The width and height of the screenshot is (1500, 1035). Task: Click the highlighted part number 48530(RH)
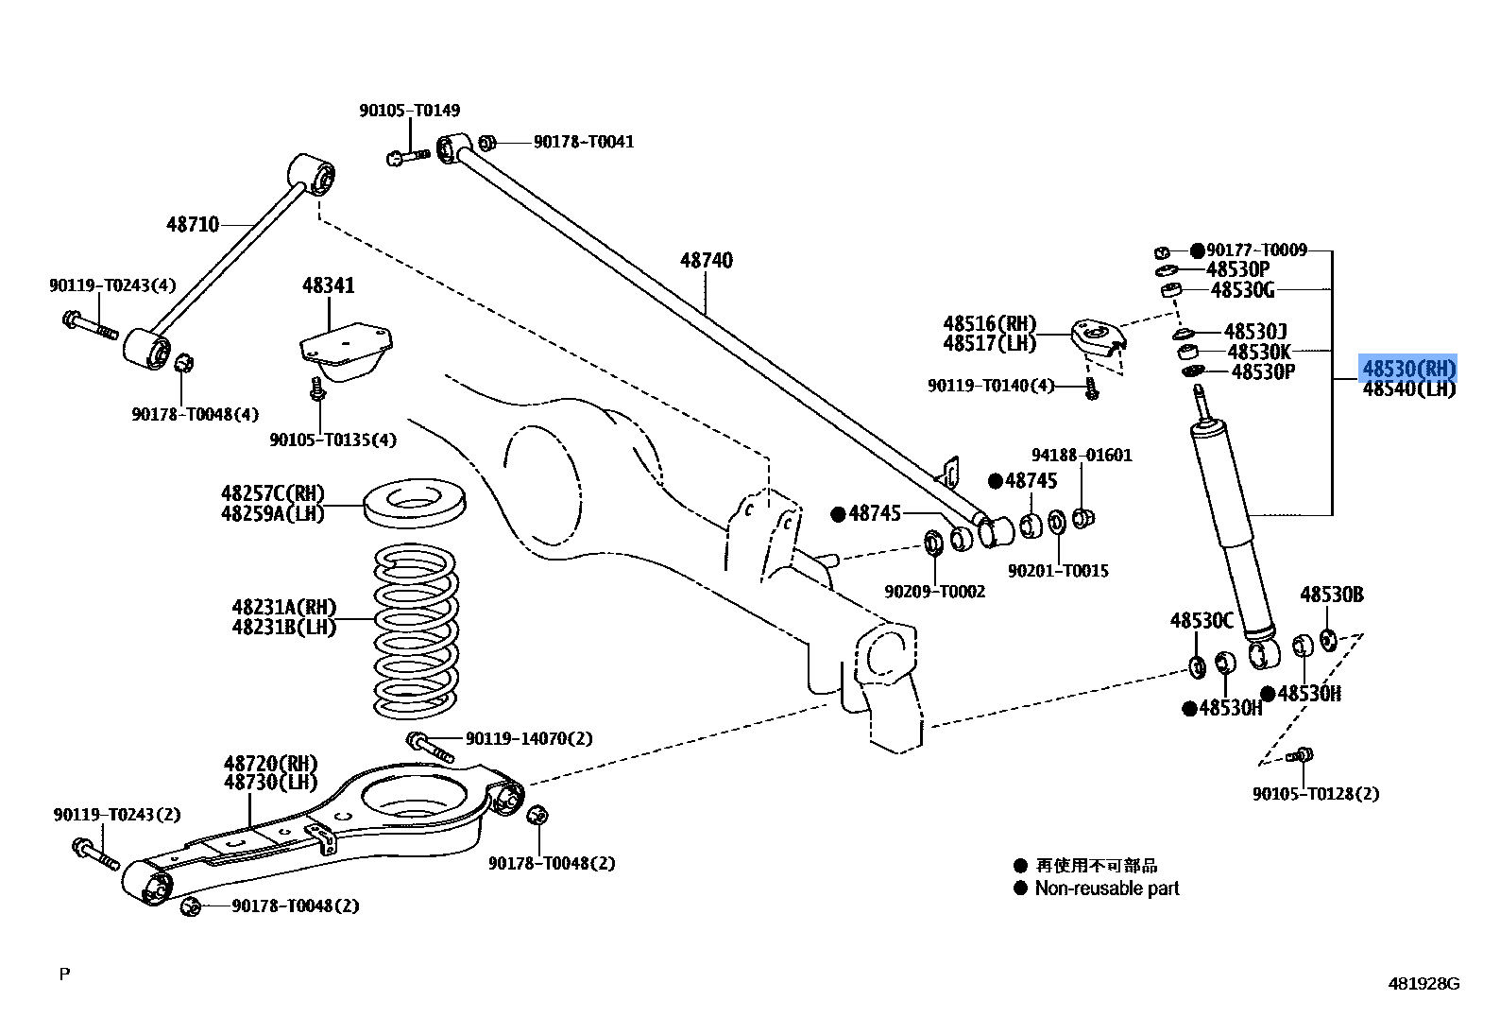point(1408,368)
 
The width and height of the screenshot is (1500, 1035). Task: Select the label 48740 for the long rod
point(707,260)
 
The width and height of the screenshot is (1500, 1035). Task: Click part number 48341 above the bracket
point(328,285)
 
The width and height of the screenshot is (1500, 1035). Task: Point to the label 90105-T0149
point(409,111)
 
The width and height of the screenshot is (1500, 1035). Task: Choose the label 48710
point(193,224)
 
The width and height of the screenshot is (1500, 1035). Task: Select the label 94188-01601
point(1081,455)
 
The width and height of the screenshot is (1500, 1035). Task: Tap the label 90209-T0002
point(934,592)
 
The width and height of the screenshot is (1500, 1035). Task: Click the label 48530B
point(1331,595)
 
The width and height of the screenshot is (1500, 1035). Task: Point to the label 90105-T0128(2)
point(1315,794)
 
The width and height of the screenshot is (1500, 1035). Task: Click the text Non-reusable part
point(1107,888)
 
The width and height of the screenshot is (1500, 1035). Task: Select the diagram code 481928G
point(1423,984)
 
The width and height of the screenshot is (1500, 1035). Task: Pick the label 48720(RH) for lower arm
point(271,763)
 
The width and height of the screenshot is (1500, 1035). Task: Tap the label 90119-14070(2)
point(529,738)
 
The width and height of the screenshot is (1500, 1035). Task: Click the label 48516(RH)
point(989,324)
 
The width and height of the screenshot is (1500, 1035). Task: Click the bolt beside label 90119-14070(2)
point(430,746)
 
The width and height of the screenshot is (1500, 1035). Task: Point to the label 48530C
point(1202,620)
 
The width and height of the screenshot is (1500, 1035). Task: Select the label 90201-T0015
point(1058,571)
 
